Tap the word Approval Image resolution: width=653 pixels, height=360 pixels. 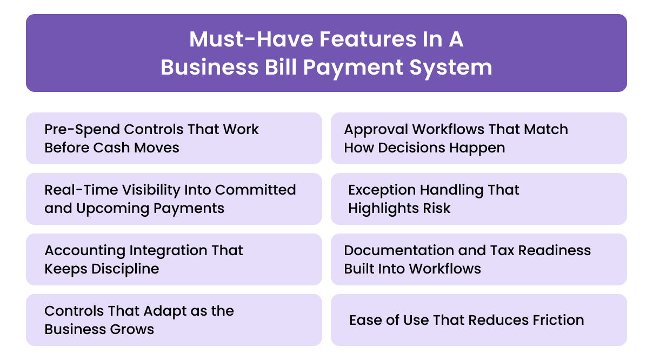click(375, 129)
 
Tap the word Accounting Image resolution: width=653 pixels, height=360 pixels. click(85, 250)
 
